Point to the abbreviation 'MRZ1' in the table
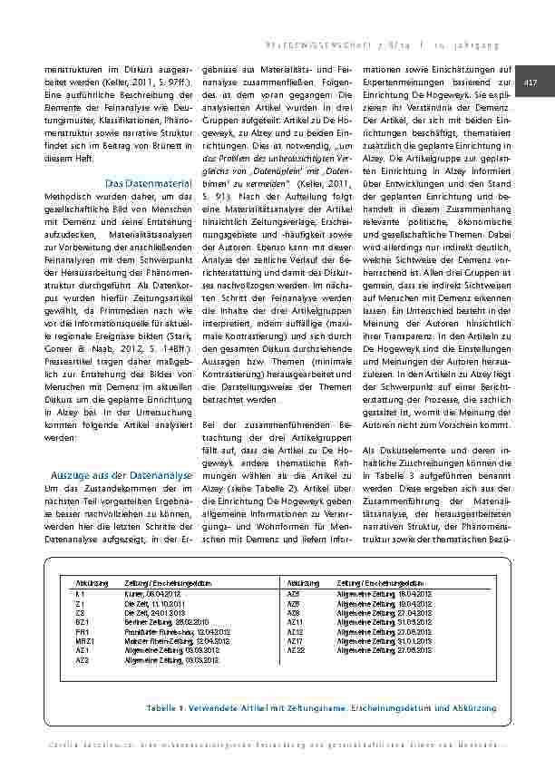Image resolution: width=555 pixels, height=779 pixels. click(x=83, y=642)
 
